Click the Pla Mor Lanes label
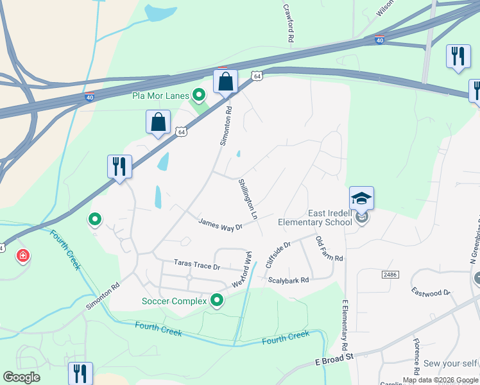click(x=161, y=96)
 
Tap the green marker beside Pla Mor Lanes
click(x=199, y=96)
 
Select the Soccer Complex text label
click(x=175, y=300)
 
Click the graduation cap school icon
click(x=361, y=198)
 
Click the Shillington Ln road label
click(x=248, y=200)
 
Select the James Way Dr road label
click(x=220, y=224)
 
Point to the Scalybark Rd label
click(x=288, y=280)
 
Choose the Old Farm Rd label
click(x=329, y=249)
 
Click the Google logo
click(x=21, y=377)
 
